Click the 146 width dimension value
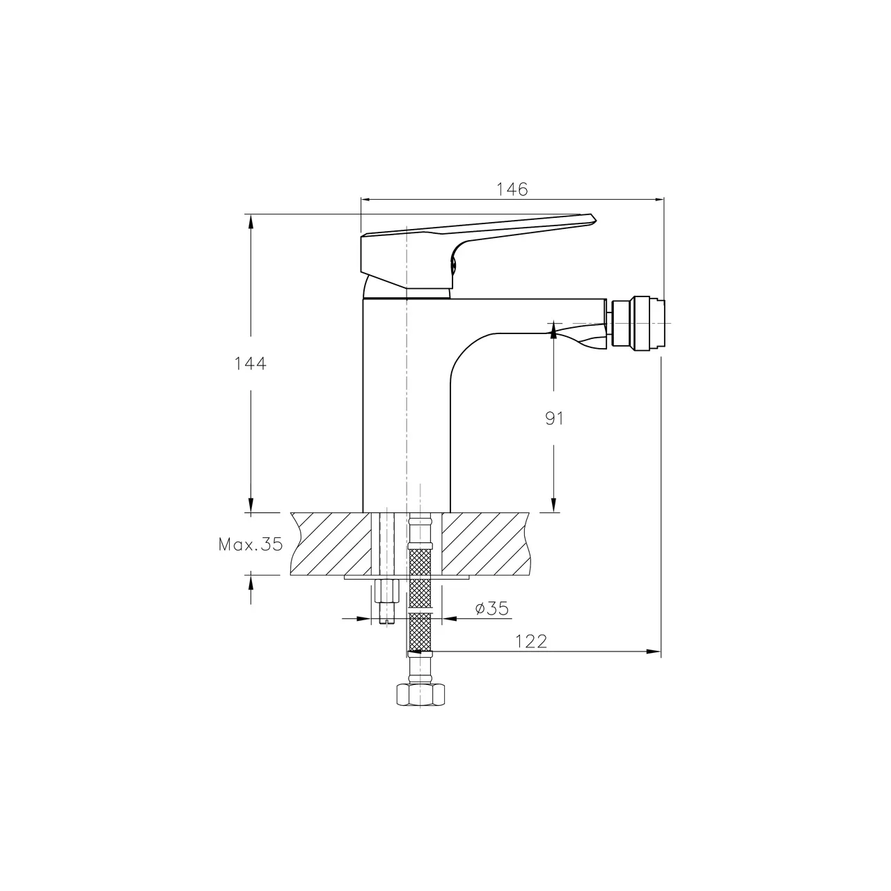[x=512, y=189]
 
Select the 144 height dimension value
[x=251, y=363]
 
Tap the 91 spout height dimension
[x=554, y=418]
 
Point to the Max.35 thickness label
[x=251, y=544]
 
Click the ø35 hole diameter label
[x=492, y=608]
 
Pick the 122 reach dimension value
[x=531, y=641]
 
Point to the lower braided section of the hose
[x=420, y=633]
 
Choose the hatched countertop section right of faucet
[x=487, y=544]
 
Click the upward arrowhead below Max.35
[x=251, y=581]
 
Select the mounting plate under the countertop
[x=407, y=577]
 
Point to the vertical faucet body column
[x=407, y=404]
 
